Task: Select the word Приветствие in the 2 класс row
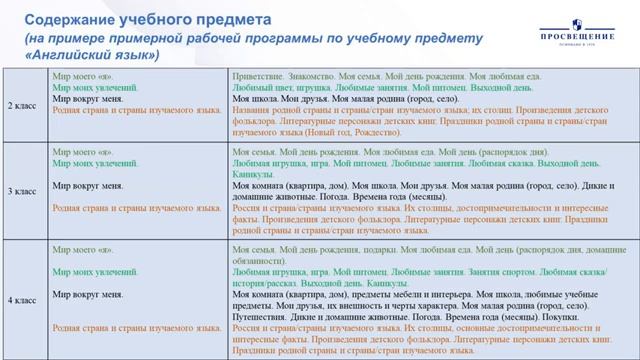point(256,76)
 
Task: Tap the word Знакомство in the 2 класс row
point(311,76)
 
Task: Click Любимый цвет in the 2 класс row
point(260,88)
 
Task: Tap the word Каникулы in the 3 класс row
point(254,174)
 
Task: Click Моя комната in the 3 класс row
point(259,186)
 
